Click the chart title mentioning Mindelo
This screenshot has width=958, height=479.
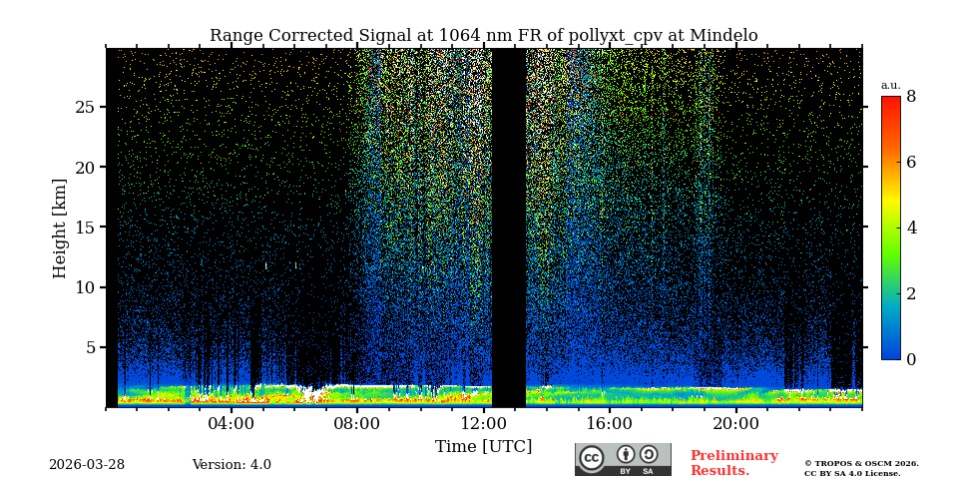tap(483, 36)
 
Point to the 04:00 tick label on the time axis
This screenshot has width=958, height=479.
tap(232, 423)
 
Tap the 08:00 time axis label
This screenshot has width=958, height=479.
tap(357, 423)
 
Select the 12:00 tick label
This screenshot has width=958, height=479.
tap(484, 423)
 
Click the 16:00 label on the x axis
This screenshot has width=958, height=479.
tap(610, 423)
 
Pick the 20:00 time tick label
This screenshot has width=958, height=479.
tap(736, 423)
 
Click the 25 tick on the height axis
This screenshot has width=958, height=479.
tap(85, 107)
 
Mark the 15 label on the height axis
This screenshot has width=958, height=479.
tap(85, 228)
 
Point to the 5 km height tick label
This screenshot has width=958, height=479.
tap(90, 347)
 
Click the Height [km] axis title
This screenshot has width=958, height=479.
tap(60, 228)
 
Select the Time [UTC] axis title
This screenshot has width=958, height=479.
tap(483, 446)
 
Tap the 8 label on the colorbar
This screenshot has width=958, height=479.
tap(911, 97)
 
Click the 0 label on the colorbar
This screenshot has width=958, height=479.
tap(911, 359)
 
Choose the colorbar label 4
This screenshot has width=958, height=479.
tap(911, 228)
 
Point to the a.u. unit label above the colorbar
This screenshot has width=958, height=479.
tap(890, 85)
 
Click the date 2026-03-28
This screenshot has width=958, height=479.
tap(87, 465)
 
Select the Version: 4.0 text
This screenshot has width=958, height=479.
tap(232, 465)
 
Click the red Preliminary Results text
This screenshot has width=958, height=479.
tap(733, 463)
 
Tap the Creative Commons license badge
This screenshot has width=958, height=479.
tap(623, 459)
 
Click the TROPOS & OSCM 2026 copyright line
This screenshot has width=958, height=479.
tap(861, 463)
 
